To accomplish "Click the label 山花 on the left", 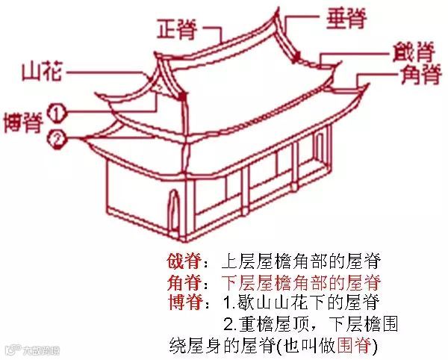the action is pos(42,72).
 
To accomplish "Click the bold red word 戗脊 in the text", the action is pos(182,263).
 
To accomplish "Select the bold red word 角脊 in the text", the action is pos(182,284).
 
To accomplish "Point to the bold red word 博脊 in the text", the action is pos(182,304).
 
